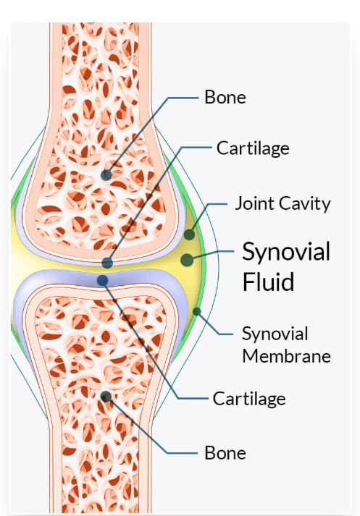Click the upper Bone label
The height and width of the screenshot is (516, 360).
click(225, 97)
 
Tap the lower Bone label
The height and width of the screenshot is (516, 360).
click(225, 453)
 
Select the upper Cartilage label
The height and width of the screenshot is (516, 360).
click(253, 148)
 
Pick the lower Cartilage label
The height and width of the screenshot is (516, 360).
click(249, 399)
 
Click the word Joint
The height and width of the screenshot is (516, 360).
click(254, 203)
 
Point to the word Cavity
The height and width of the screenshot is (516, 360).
click(305, 204)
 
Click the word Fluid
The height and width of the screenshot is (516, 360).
click(268, 282)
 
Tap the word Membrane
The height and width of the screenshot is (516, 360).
click(287, 356)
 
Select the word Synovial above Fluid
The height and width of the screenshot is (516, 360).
click(286, 252)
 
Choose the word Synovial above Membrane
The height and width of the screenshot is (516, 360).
click(275, 334)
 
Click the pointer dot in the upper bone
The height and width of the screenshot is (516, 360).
click(106, 174)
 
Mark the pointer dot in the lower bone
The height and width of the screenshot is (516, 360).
click(106, 397)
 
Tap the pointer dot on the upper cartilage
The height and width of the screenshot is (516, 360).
click(107, 263)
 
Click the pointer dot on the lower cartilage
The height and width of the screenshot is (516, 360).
click(102, 280)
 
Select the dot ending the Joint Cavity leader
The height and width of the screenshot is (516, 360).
click(189, 234)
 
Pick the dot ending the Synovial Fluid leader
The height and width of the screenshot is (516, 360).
click(187, 260)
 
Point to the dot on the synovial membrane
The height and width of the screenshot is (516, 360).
click(196, 311)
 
